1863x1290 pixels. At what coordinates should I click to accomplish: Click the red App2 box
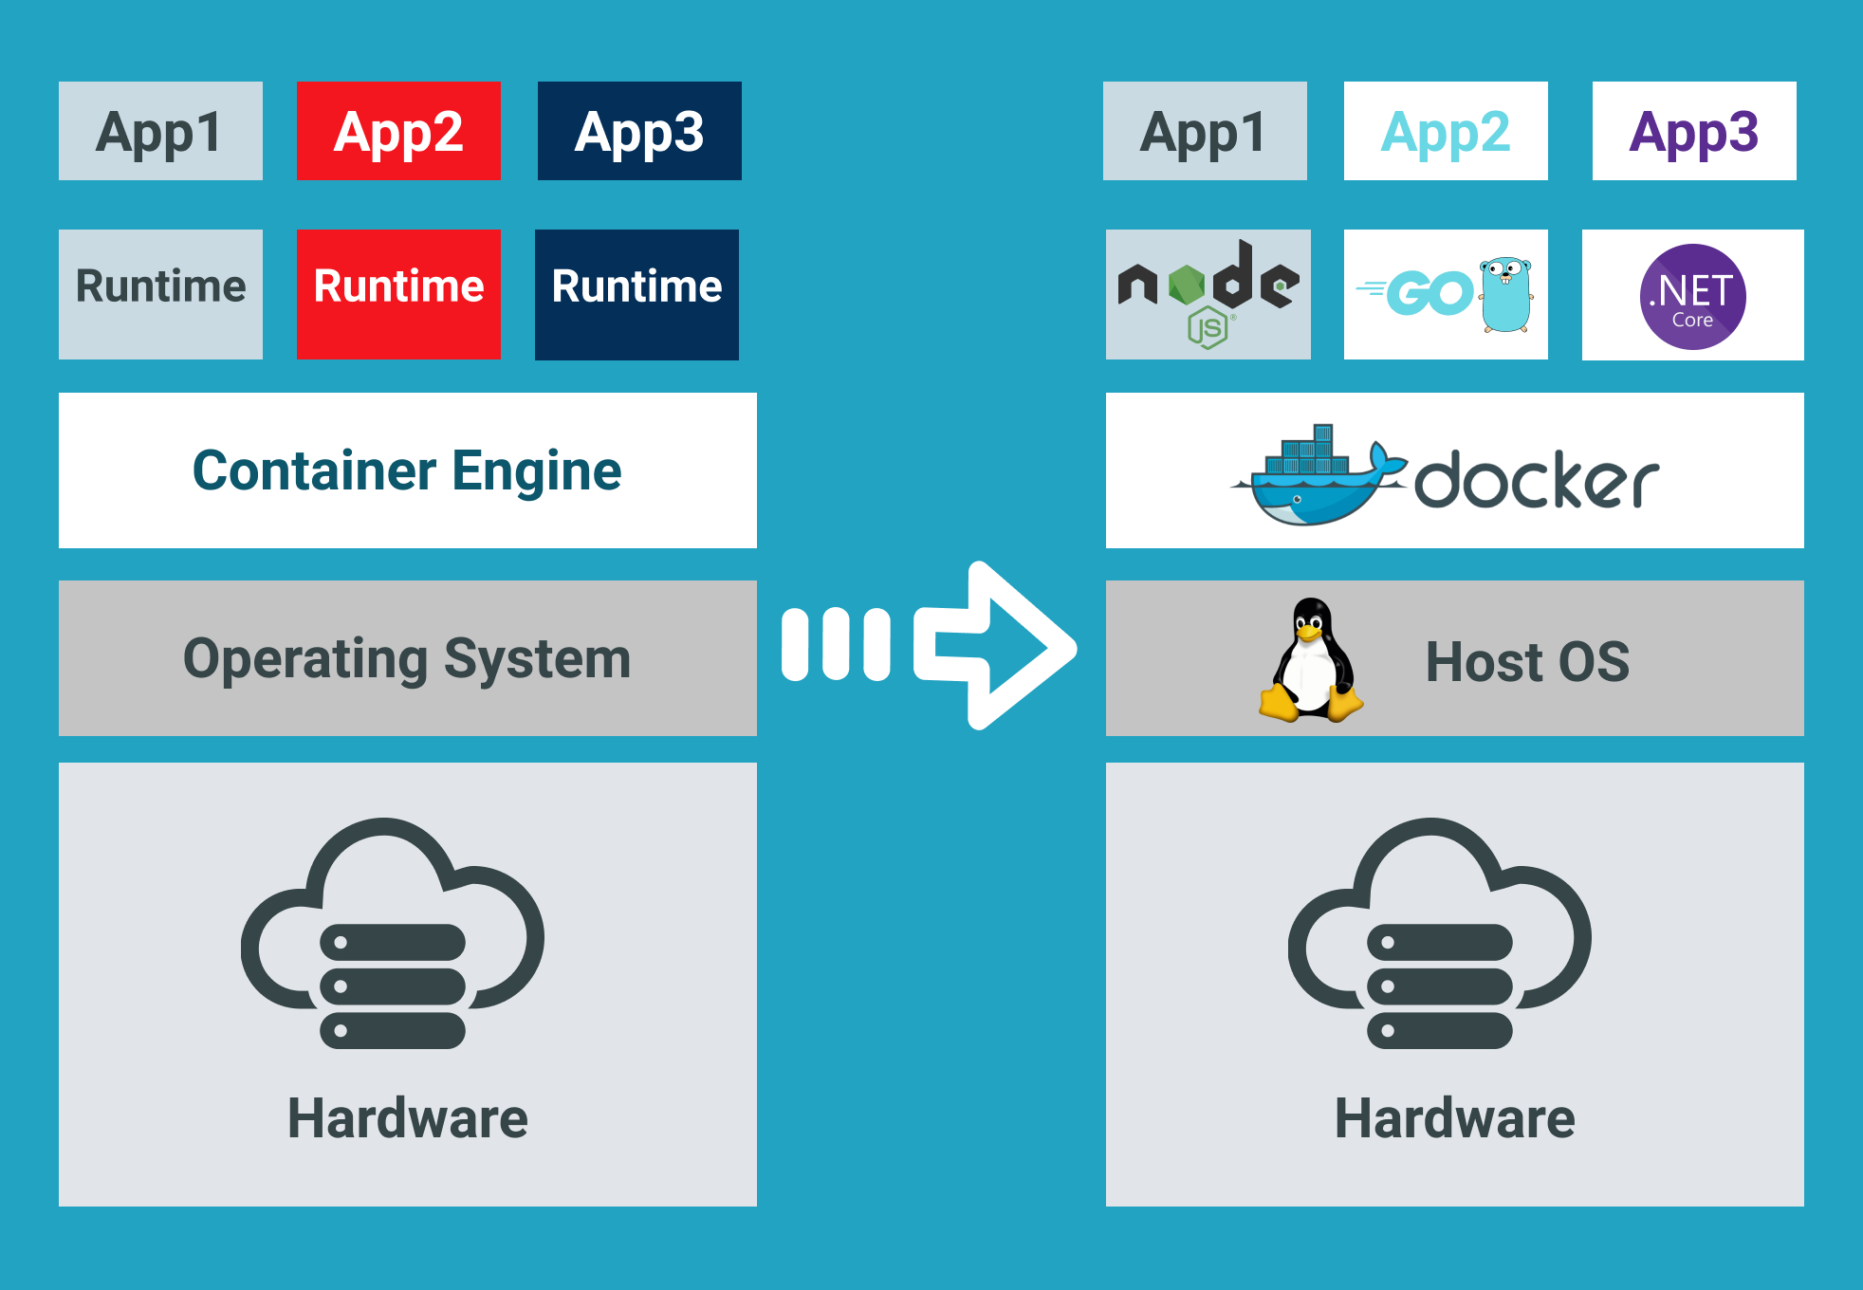398,131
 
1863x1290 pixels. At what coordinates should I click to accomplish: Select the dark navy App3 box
639,131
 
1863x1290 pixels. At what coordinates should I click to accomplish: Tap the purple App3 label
1694,131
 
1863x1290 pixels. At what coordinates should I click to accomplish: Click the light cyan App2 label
1446,131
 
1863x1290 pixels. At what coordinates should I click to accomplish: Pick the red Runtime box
398,294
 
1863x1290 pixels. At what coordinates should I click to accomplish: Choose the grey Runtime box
160,294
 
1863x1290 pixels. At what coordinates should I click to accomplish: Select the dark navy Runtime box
636,294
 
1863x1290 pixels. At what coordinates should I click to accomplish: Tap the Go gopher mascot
1506,294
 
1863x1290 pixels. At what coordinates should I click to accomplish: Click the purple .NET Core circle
1692,296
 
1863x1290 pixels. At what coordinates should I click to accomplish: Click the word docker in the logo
1537,481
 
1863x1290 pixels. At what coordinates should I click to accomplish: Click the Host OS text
1527,661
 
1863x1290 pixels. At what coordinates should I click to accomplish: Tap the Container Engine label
407,470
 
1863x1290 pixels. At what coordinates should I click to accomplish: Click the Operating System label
407,658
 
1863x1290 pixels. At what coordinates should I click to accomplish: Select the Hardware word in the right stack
1454,1117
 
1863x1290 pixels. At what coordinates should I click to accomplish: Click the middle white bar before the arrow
836,645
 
